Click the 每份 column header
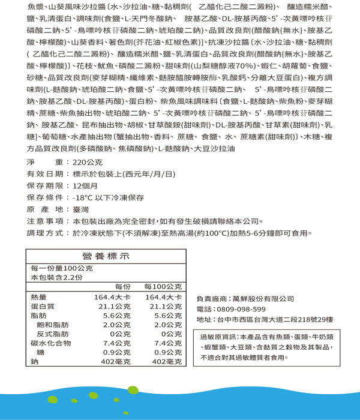tap(122, 286)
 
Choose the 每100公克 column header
tap(163, 286)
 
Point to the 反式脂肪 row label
tap(50, 334)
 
